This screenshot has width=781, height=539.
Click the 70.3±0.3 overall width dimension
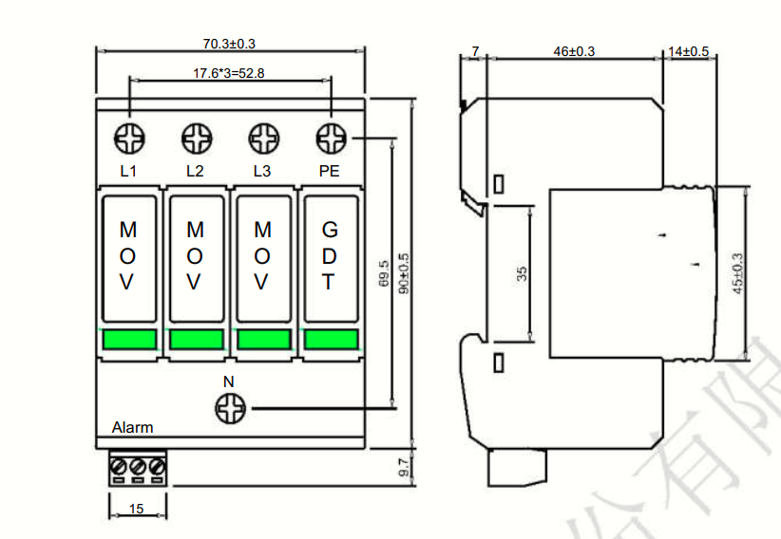(229, 44)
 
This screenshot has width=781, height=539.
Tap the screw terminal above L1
(128, 139)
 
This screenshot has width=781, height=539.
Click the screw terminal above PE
(331, 139)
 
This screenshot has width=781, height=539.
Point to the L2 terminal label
(195, 172)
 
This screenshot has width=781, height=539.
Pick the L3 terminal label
(262, 172)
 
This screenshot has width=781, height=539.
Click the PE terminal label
(329, 172)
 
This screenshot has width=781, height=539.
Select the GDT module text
(329, 256)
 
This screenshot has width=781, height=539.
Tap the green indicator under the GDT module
(330, 340)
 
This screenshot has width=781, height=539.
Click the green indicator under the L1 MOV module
(128, 340)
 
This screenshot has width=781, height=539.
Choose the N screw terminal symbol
(229, 410)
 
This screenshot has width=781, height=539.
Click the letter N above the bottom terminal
(228, 381)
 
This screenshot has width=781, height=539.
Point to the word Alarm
(132, 427)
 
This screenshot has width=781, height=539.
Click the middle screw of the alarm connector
(136, 467)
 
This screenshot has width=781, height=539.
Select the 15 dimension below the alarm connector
(136, 510)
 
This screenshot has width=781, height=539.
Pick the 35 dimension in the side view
(522, 273)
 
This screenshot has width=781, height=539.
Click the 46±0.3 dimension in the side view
(574, 51)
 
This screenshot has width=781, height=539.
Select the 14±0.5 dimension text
(688, 51)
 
